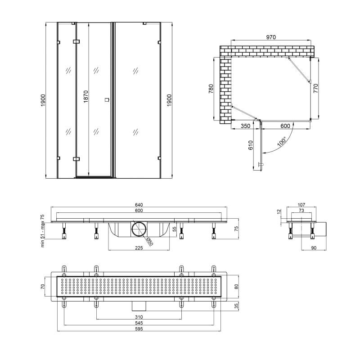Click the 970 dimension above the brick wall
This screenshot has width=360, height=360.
click(271, 37)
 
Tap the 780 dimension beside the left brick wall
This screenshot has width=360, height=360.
click(211, 89)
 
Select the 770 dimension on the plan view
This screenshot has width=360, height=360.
click(316, 88)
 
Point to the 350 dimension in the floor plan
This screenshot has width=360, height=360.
click(245, 126)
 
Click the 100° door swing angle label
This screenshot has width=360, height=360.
click(282, 141)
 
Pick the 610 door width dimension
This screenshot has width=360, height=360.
click(251, 145)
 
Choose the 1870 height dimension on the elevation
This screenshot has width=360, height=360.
click(85, 96)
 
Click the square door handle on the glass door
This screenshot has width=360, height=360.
click(107, 100)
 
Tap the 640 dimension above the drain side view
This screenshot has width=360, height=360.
click(139, 205)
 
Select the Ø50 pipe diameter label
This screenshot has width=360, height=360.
click(149, 242)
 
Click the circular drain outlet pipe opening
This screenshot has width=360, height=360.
click(139, 229)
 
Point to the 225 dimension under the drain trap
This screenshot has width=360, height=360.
click(139, 248)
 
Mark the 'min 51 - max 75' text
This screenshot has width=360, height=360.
click(42, 231)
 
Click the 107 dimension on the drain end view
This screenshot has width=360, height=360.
click(301, 205)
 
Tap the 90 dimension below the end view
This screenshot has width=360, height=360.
click(314, 248)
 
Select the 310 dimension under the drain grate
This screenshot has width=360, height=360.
click(139, 317)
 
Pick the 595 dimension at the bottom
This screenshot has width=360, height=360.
click(139, 329)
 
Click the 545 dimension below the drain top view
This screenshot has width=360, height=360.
click(139, 323)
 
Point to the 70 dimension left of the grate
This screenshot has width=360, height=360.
click(42, 286)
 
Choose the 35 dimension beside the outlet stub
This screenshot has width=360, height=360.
click(237, 306)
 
